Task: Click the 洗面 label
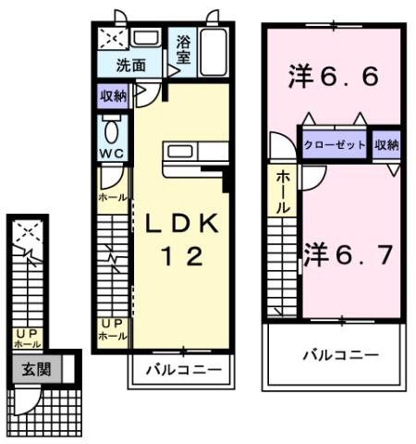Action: click(x=131, y=66)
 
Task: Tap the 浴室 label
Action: click(x=183, y=48)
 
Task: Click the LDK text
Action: click(x=181, y=225)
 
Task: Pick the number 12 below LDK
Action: click(x=181, y=259)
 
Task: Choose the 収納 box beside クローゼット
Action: click(x=386, y=144)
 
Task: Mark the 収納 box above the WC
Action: click(x=116, y=94)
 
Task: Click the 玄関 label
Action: click(x=37, y=370)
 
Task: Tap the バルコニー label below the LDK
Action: click(x=182, y=371)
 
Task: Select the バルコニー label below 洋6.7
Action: click(x=340, y=354)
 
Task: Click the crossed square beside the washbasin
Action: click(x=115, y=39)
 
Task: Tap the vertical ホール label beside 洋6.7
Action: click(x=283, y=191)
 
